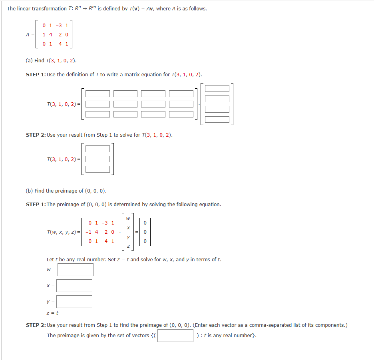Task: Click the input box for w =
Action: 76,270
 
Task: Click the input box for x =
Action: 74,286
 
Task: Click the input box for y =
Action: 74,302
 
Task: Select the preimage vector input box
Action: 175,336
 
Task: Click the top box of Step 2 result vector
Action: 98,149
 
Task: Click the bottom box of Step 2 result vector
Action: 98,169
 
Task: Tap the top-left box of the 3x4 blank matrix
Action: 98,93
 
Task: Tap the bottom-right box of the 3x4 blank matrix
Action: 181,114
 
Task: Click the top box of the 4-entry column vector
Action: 217,88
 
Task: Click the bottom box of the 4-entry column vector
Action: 217,119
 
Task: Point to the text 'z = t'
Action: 52,314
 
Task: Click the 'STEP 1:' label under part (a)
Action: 36,75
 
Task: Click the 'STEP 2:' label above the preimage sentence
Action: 36,325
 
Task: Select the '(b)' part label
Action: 29,191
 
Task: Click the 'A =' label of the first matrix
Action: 30,34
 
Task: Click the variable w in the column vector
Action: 128,219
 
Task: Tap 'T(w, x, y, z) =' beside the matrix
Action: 63,232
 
